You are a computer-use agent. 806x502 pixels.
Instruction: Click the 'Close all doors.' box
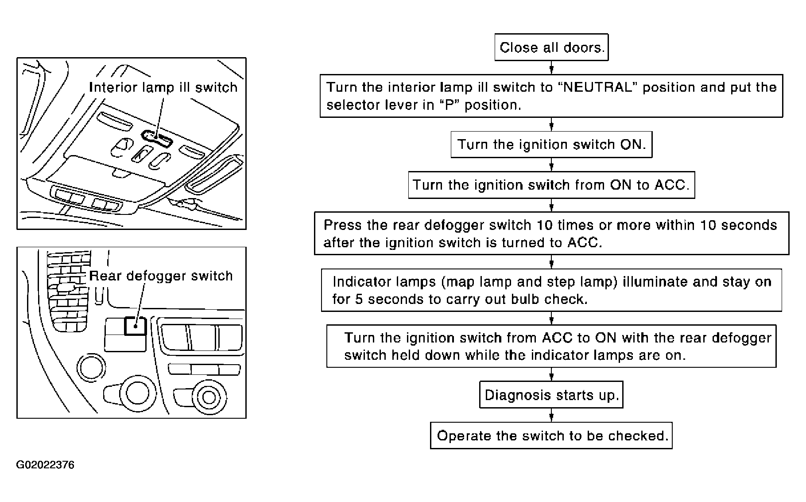[x=551, y=47]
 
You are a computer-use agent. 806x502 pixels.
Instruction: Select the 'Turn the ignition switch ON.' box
[x=551, y=144]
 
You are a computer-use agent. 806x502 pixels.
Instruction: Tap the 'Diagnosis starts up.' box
[x=551, y=395]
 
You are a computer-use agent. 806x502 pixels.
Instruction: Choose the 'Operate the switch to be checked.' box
[x=551, y=436]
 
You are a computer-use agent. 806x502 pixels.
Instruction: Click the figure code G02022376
[x=45, y=465]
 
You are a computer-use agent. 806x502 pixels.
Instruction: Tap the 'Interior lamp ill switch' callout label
[x=163, y=87]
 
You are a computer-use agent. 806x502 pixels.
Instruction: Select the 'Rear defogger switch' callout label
[x=161, y=276]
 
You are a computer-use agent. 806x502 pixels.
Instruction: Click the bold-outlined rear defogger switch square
[x=135, y=326]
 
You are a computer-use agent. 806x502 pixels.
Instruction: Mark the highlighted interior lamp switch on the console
[x=157, y=138]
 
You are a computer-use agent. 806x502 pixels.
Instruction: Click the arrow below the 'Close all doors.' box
[x=551, y=68]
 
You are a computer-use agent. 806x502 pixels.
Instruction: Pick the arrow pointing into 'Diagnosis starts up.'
[x=551, y=375]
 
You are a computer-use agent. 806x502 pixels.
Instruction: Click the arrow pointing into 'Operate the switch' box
[x=551, y=416]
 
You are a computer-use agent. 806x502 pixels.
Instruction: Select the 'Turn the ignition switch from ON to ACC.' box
[x=551, y=185]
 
